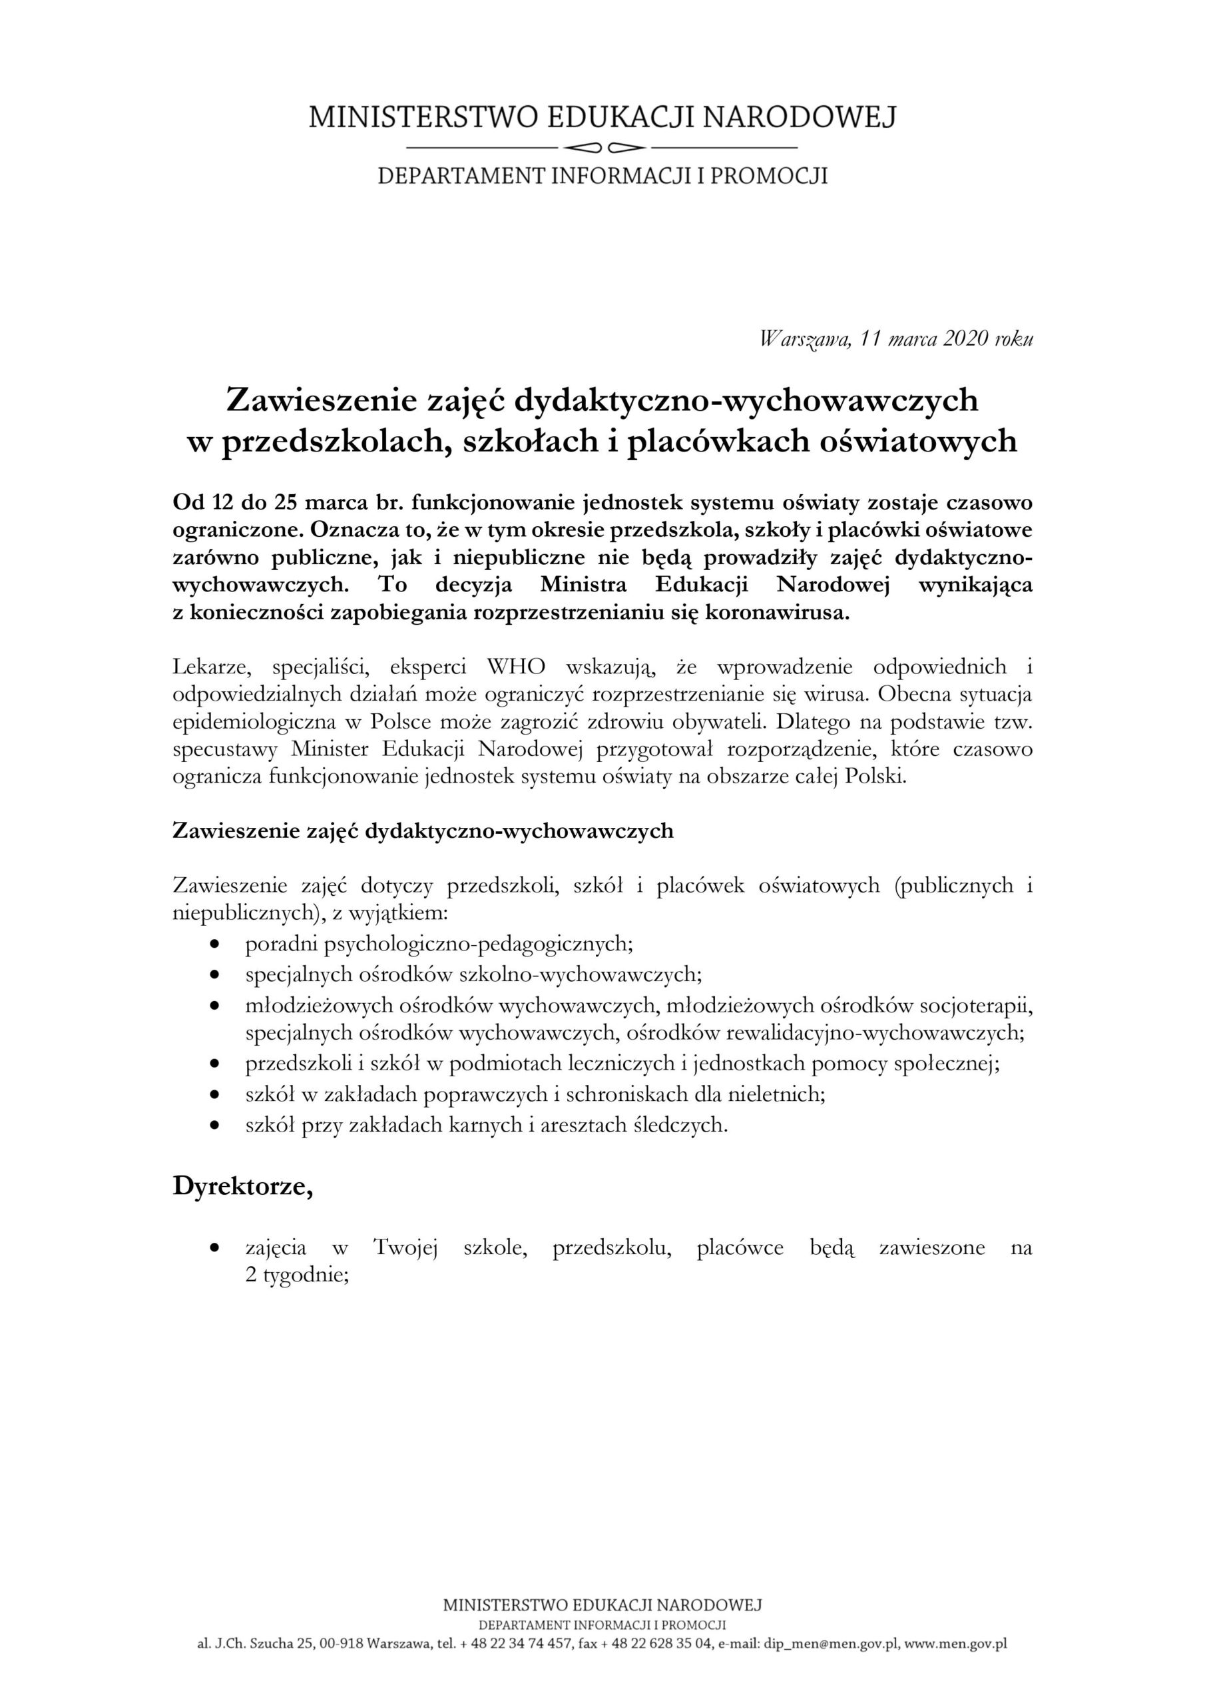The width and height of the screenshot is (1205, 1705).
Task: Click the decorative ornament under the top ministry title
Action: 602,146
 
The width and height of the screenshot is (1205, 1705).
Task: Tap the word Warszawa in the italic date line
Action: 806,340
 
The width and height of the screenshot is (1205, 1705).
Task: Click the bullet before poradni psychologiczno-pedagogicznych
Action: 215,944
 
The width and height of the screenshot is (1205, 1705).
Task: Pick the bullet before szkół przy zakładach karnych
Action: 215,1125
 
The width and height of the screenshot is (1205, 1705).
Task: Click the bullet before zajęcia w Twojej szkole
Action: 215,1248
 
